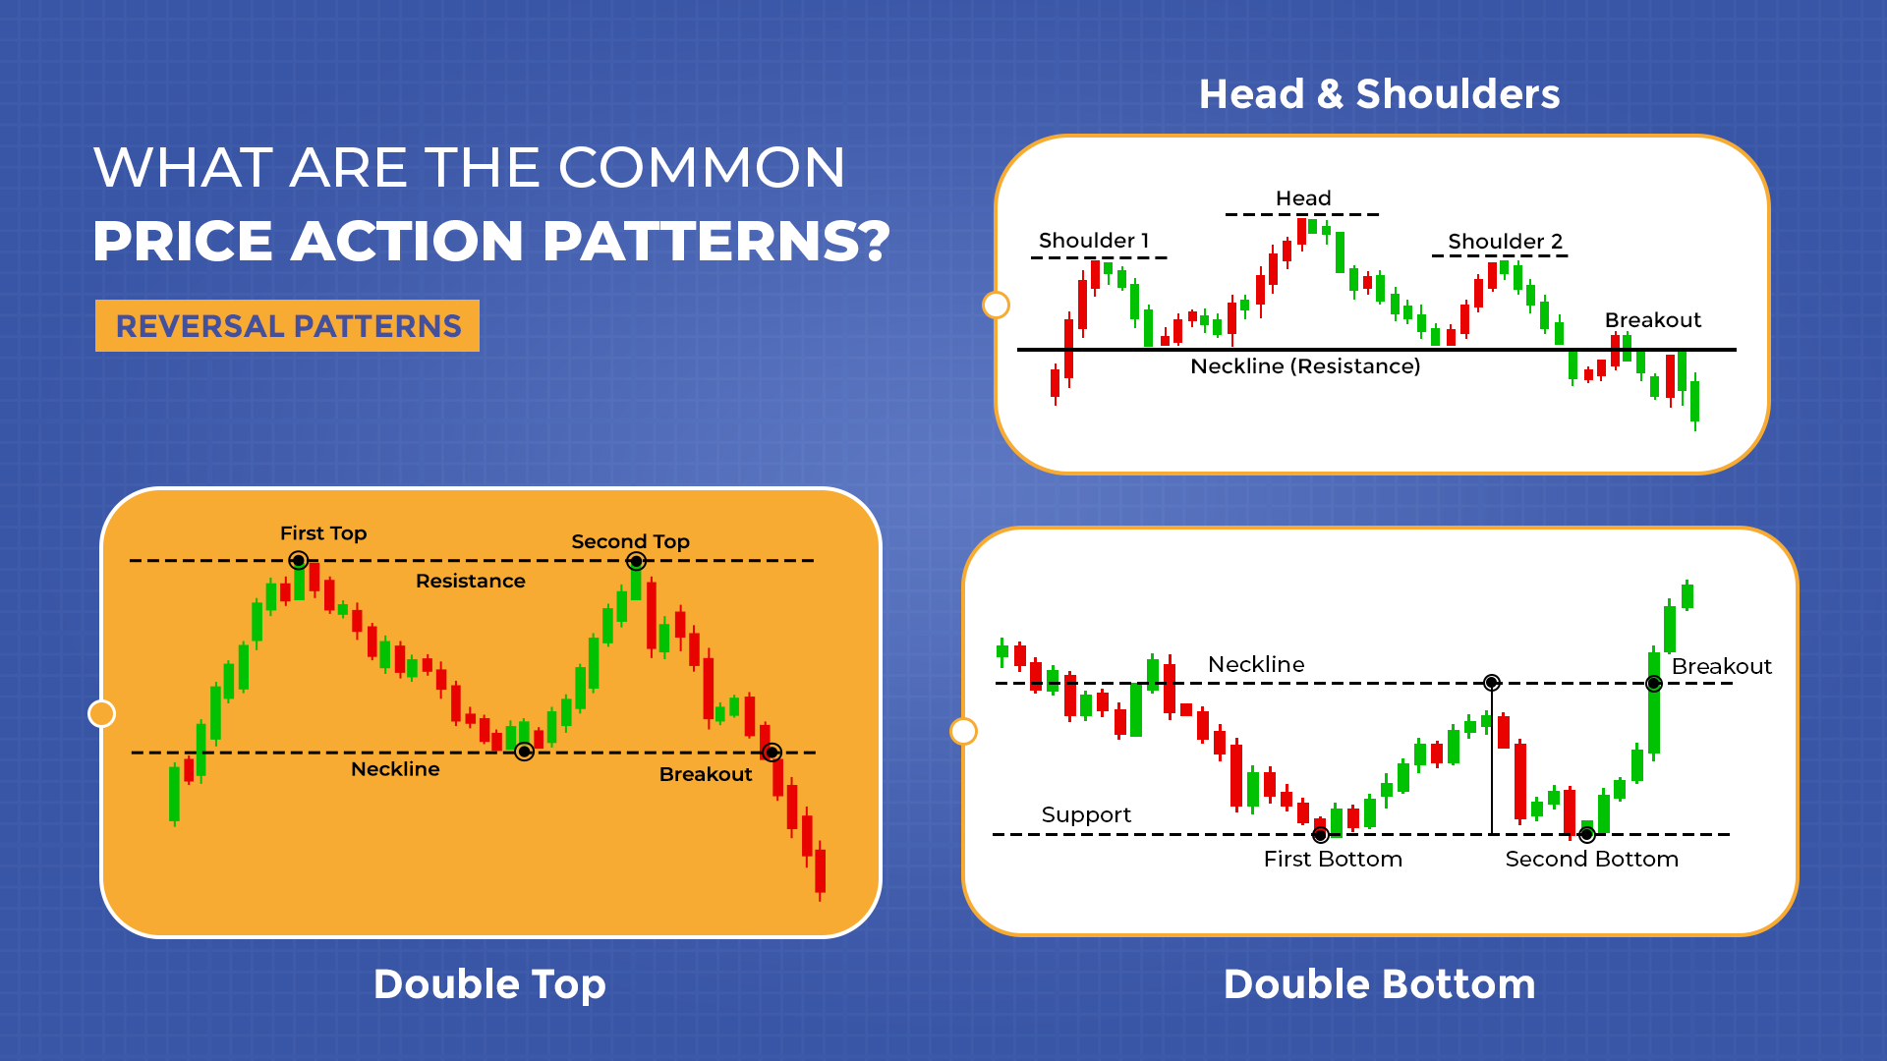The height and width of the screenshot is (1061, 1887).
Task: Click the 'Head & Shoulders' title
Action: pyautogui.click(x=1379, y=94)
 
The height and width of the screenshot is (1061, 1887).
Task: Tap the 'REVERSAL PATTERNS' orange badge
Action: pyautogui.click(x=287, y=326)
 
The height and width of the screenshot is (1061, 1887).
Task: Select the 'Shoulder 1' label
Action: pyautogui.click(x=1093, y=241)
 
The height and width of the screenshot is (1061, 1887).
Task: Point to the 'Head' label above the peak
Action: pyautogui.click(x=1303, y=198)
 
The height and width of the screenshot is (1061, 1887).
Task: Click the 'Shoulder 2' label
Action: pyautogui.click(x=1505, y=242)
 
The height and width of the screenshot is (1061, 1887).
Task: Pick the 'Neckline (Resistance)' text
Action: pyautogui.click(x=1305, y=366)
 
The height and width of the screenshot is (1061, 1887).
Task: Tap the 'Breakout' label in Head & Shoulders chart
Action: pyautogui.click(x=1652, y=320)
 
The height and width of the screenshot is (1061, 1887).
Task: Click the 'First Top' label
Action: pyautogui.click(x=323, y=533)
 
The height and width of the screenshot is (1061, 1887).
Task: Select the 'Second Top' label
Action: pyautogui.click(x=630, y=541)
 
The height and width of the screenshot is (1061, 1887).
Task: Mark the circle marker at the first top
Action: pyautogui.click(x=299, y=561)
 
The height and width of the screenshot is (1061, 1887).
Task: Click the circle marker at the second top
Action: pyautogui.click(x=637, y=562)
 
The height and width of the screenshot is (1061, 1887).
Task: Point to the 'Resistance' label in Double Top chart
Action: pyautogui.click(x=470, y=582)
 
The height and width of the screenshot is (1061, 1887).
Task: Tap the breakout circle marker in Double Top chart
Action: pyautogui.click(x=772, y=753)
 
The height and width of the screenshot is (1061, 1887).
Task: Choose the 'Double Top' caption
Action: pyautogui.click(x=489, y=984)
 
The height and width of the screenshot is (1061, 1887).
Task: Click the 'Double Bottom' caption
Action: pyautogui.click(x=1379, y=984)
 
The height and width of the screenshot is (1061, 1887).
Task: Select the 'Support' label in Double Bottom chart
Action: pyautogui.click(x=1086, y=815)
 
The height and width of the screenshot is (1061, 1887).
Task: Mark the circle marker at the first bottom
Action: pyautogui.click(x=1321, y=835)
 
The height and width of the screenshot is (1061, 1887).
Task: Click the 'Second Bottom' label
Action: pyautogui.click(x=1591, y=860)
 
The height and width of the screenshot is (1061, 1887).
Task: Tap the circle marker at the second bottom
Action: pyautogui.click(x=1587, y=835)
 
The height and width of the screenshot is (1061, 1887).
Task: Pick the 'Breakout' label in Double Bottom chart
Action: pyautogui.click(x=1721, y=667)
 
